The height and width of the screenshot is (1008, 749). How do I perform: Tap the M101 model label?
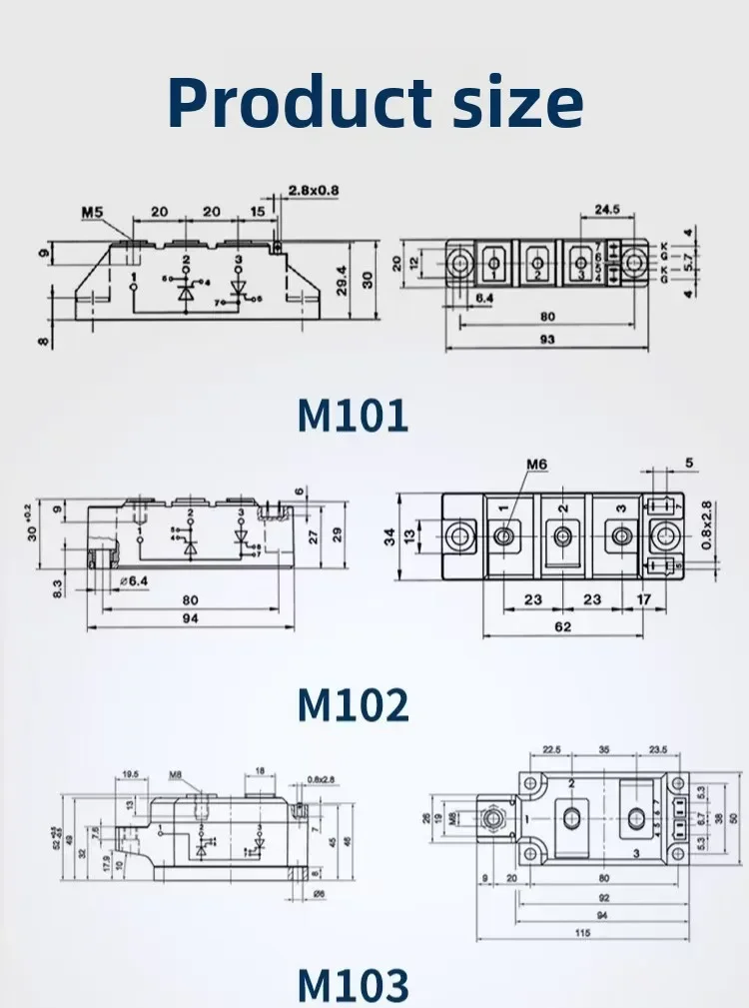353,416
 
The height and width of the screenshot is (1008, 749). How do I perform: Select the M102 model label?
353,705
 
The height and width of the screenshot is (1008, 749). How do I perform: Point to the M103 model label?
353,984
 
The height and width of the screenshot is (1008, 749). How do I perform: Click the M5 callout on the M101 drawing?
92,212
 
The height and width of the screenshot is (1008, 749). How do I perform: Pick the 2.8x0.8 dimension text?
314,190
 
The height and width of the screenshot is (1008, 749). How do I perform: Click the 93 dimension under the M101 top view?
546,340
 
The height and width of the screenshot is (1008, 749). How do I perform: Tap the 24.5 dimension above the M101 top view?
608,210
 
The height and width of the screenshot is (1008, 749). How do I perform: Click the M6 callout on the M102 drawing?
539,465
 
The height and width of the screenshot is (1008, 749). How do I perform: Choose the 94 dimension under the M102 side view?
190,619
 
